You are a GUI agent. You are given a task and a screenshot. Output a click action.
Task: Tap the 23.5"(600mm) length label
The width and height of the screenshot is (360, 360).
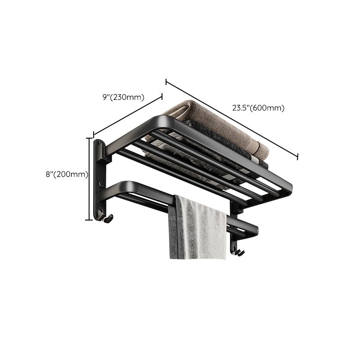point(258,108)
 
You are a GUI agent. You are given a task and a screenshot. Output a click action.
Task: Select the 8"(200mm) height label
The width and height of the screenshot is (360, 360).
point(67,175)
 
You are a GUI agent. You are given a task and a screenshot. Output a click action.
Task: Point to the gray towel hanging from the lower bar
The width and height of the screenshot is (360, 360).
point(197,229)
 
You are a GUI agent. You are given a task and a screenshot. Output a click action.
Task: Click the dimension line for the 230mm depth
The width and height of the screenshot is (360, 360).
point(128,115)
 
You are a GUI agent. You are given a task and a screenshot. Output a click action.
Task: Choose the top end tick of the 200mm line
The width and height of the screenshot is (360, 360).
point(88,138)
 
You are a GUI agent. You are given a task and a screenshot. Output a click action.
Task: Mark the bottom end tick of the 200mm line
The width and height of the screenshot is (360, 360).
point(88,220)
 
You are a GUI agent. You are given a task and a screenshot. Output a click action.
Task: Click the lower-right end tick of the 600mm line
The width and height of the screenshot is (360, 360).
point(297,156)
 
